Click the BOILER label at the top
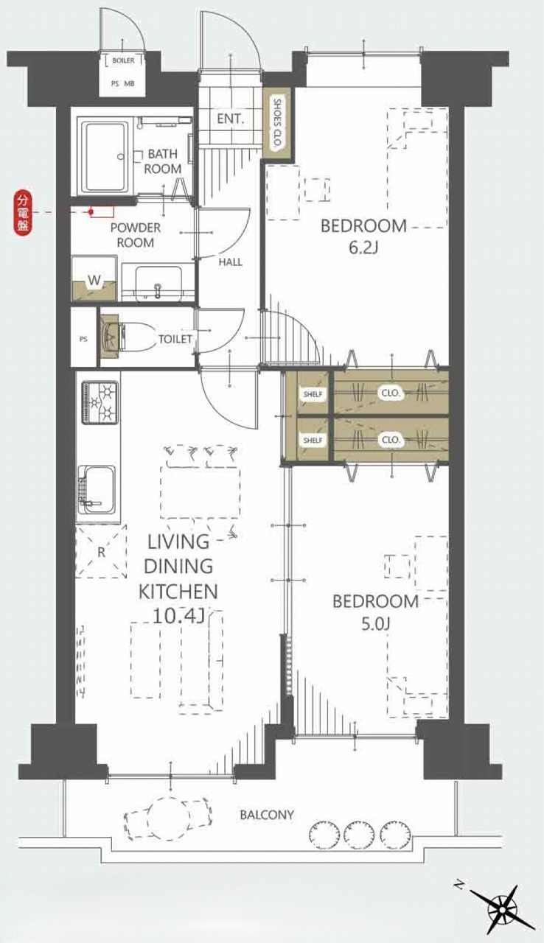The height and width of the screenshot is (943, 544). (x=123, y=60)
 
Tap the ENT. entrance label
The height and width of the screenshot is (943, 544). (x=230, y=119)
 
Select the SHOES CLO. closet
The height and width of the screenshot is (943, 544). (x=276, y=124)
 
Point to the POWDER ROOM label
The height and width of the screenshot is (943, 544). (x=136, y=235)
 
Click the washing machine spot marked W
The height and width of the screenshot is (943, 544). (x=95, y=280)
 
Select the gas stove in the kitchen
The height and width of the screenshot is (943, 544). (x=100, y=402)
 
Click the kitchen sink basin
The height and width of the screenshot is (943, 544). (x=97, y=489)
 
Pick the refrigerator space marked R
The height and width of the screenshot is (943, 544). (x=101, y=552)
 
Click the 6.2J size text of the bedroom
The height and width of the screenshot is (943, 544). (x=363, y=248)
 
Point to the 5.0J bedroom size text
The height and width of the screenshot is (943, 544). (x=375, y=623)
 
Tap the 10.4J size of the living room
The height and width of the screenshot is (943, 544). (x=178, y=617)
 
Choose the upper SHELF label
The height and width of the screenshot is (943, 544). (x=313, y=394)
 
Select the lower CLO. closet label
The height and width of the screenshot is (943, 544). (x=391, y=440)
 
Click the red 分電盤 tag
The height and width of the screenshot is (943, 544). (x=22, y=211)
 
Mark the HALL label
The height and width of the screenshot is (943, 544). (x=230, y=262)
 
